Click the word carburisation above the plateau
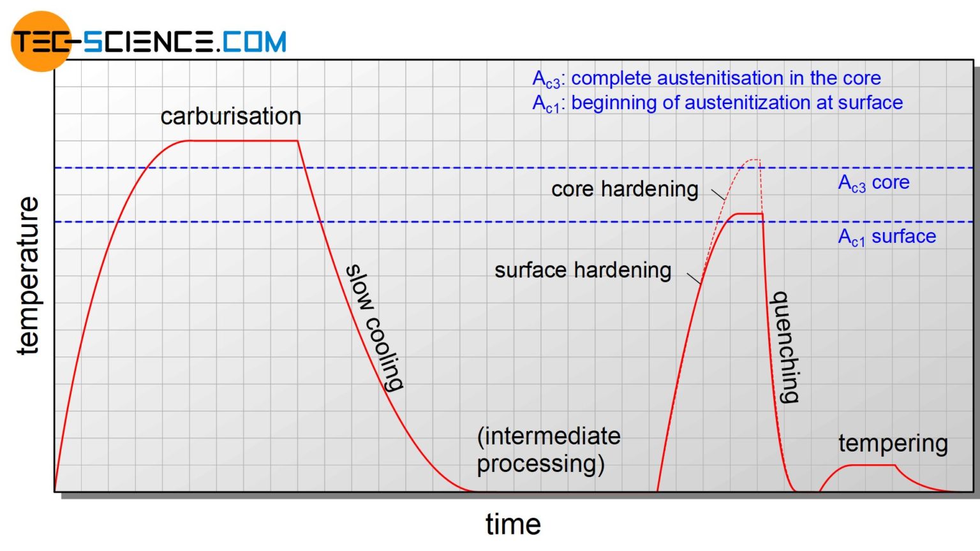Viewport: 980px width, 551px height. [x=230, y=116]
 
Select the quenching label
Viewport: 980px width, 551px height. [x=785, y=347]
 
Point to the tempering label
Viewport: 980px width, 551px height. [x=893, y=443]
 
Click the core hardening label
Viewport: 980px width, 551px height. [x=625, y=189]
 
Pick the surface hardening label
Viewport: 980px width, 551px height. [x=583, y=270]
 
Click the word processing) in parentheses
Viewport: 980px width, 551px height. [x=540, y=464]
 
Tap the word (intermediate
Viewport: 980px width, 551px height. [x=549, y=436]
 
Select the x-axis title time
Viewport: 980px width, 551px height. [x=513, y=524]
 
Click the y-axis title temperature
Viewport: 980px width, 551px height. [x=28, y=275]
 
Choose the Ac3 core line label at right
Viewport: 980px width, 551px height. [x=873, y=183]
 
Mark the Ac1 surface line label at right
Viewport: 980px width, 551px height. [x=887, y=237]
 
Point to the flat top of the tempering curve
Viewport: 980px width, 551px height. [x=871, y=466]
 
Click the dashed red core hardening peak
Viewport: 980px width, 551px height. [x=754, y=159]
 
